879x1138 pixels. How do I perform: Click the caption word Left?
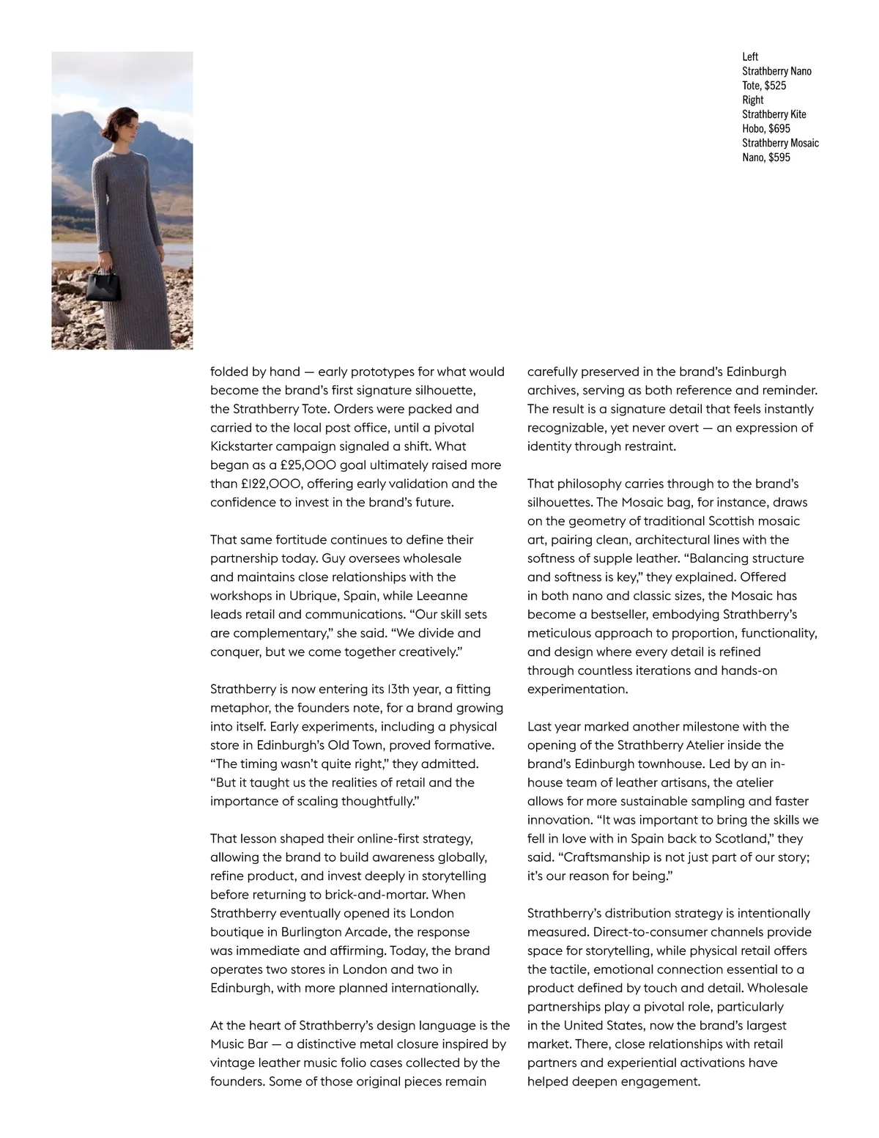[x=750, y=56]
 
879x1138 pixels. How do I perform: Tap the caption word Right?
[x=753, y=100]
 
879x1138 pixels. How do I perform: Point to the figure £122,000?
[x=270, y=484]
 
